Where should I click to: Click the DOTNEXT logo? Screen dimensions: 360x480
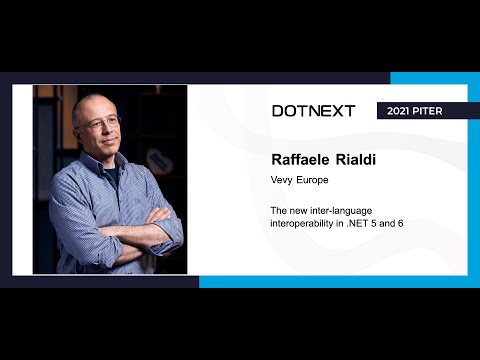(x=313, y=111)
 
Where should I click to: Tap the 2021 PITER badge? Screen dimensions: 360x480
(x=421, y=111)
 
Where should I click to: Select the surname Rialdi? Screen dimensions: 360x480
(x=359, y=160)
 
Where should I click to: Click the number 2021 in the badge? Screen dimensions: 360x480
(x=400, y=111)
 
